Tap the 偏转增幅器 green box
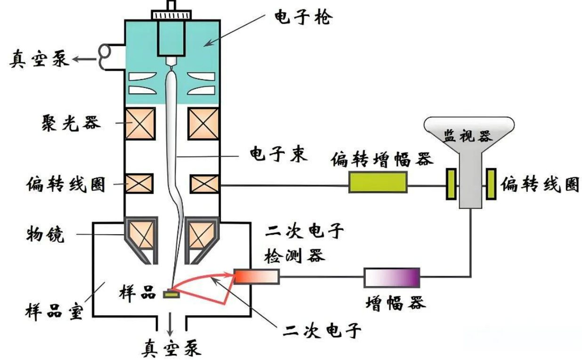click(x=378, y=182)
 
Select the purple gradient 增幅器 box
click(x=392, y=277)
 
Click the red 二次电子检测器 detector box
click(x=257, y=277)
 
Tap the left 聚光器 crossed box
click(x=140, y=123)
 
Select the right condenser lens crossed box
click(x=203, y=123)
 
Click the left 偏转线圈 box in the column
click(x=139, y=184)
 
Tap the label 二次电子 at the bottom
click(x=322, y=330)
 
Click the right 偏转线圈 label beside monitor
click(x=539, y=184)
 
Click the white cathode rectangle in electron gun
click(x=171, y=38)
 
